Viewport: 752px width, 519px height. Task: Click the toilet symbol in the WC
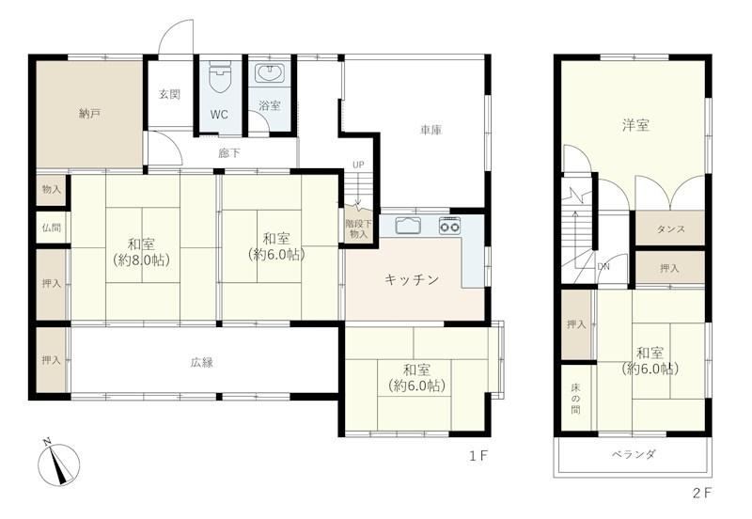pos(221,78)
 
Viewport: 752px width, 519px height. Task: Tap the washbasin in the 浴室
pos(270,74)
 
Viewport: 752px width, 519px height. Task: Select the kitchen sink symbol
pos(408,225)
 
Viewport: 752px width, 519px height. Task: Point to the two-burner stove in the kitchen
pos(449,226)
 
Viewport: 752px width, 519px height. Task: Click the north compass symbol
pos(58,463)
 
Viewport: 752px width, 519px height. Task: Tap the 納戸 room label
pos(89,114)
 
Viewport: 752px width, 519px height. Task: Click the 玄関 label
pos(170,94)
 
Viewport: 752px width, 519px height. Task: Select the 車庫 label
pos(431,130)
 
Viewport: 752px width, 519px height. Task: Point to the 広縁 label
pos(201,363)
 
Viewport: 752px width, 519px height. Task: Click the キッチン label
pos(412,279)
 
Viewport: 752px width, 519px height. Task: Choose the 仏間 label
pos(52,227)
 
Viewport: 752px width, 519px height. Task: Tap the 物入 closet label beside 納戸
pos(52,190)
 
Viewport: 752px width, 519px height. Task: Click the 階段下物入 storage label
pos(359,228)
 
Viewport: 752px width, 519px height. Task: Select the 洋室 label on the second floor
pos(635,126)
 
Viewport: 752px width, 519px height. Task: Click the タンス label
pos(670,229)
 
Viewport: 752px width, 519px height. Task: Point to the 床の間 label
pos(575,399)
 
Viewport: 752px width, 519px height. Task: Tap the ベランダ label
pos(633,454)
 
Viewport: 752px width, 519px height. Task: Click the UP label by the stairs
pos(358,165)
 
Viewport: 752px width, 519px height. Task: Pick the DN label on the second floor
pos(603,267)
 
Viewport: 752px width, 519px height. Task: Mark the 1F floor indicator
pos(478,456)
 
